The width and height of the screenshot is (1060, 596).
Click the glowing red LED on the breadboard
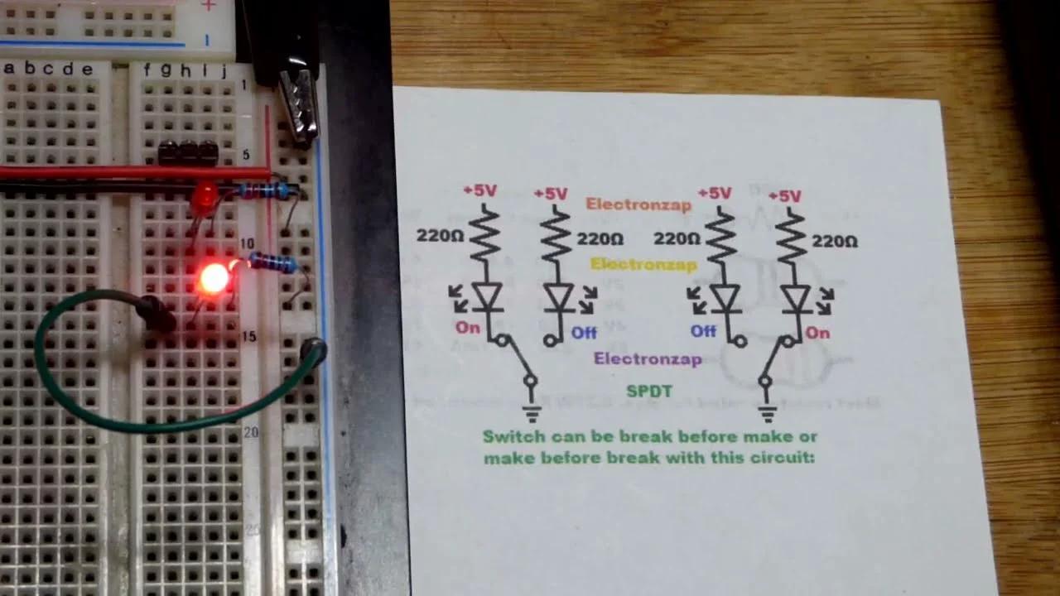[x=214, y=279]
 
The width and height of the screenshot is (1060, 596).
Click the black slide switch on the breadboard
[x=188, y=152]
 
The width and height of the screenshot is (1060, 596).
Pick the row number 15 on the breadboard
[x=248, y=337]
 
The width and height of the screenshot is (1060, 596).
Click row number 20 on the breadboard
[x=251, y=432]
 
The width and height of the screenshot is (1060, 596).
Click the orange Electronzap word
[x=638, y=204]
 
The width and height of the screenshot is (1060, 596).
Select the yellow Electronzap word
[x=643, y=265]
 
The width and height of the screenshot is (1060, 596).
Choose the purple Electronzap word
[x=648, y=359]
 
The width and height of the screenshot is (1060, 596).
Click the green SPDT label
[x=649, y=392]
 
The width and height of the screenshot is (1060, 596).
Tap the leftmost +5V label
[x=479, y=190]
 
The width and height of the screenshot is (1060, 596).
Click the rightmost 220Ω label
[x=835, y=242]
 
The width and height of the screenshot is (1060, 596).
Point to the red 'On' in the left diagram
[x=467, y=328]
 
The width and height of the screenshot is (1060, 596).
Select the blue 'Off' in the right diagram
[x=703, y=331]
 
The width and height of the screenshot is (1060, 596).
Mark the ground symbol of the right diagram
[x=768, y=411]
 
